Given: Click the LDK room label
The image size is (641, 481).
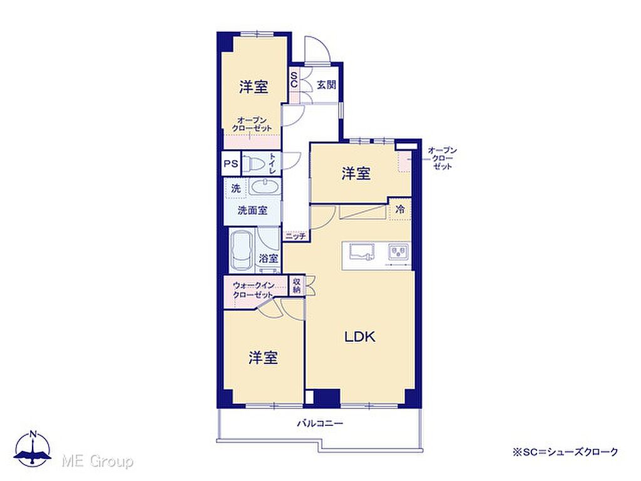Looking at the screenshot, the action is coord(360,336).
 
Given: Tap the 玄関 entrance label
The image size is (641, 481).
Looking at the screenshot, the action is coord(327,85).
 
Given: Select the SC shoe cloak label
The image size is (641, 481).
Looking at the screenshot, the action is coord(294,80).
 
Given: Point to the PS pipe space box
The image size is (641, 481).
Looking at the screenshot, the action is coord(231,164).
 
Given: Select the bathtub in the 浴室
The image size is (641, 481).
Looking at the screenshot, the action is coord(242,251).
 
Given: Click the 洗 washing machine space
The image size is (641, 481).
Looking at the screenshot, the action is coord(235,189).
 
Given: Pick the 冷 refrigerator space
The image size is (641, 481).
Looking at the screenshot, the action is coord(400,209).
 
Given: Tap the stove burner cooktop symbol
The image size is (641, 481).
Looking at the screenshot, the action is coord(398,251).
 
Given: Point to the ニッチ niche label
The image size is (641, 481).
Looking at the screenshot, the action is coord(295,236).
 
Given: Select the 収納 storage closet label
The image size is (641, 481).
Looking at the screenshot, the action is coord(297,286).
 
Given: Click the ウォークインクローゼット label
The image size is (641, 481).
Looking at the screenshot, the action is coord(253,290).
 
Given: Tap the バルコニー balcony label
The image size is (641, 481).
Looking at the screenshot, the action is coord(320,423).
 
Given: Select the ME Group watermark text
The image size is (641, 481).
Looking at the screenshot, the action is coord(97,462).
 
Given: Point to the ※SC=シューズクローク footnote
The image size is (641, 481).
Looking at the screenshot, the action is coord(565,452).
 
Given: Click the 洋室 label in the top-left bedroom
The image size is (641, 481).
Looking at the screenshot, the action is coord(254,86).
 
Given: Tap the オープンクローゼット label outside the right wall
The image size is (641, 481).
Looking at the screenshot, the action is coord(442,158).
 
